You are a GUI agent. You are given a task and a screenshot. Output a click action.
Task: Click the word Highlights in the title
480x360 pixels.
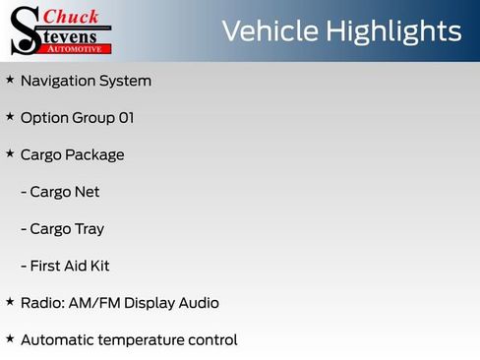coord(390,31)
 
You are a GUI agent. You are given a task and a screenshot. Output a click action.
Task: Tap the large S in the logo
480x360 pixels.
coord(24,30)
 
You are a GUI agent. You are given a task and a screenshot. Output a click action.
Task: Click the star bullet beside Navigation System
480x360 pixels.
coord(10,79)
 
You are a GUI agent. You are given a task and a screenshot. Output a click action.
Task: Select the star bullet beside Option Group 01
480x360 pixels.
coord(10,116)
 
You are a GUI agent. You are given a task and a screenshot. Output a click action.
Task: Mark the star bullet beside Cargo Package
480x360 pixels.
coord(10,153)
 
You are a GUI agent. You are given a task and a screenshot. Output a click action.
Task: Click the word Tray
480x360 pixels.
coord(90,229)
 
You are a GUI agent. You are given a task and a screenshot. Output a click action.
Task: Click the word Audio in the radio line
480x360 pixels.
coord(199,303)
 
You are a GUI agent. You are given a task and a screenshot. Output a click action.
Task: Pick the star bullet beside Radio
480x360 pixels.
coord(10,301)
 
